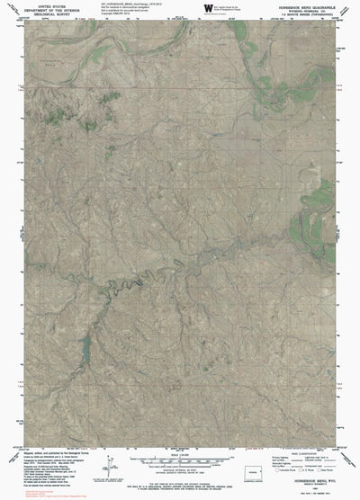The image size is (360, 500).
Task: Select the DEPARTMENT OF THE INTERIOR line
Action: pyautogui.click(x=38, y=9)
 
